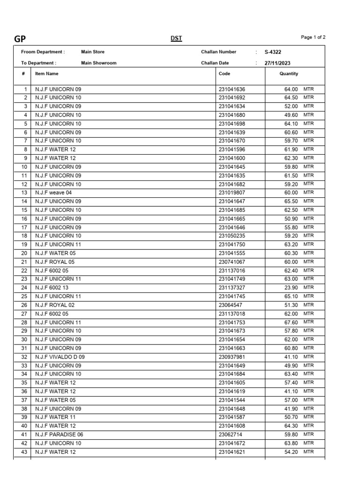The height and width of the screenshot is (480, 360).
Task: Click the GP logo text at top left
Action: click(x=20, y=39)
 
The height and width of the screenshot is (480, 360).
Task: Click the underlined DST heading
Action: click(x=176, y=38)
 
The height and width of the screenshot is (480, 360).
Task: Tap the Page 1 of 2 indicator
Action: click(x=313, y=37)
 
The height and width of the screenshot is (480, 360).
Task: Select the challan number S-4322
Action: click(x=273, y=52)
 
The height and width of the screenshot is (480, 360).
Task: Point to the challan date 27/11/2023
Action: click(x=277, y=63)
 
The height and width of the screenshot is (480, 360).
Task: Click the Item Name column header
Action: click(x=47, y=74)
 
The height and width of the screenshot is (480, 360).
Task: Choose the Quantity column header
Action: click(x=289, y=74)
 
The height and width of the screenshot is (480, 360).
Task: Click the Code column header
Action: click(x=225, y=74)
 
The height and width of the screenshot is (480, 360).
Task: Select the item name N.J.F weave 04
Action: click(x=53, y=193)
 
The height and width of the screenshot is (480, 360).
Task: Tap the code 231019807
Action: click(x=232, y=193)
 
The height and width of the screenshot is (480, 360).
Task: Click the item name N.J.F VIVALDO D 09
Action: click(x=60, y=357)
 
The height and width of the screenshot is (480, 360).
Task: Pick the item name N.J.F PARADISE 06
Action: click(x=59, y=435)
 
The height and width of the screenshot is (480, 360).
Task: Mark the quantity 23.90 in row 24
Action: click(x=291, y=288)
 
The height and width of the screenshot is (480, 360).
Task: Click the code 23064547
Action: click(x=230, y=305)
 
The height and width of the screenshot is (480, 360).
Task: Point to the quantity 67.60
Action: click(x=291, y=322)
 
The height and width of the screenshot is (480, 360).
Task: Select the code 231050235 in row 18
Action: click(x=232, y=236)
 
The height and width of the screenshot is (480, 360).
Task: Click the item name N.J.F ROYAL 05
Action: click(x=55, y=262)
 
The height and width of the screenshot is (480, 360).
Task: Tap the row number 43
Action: click(x=24, y=452)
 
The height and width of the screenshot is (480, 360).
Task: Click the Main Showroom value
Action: click(x=98, y=63)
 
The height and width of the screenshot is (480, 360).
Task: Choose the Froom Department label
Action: click(x=43, y=52)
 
